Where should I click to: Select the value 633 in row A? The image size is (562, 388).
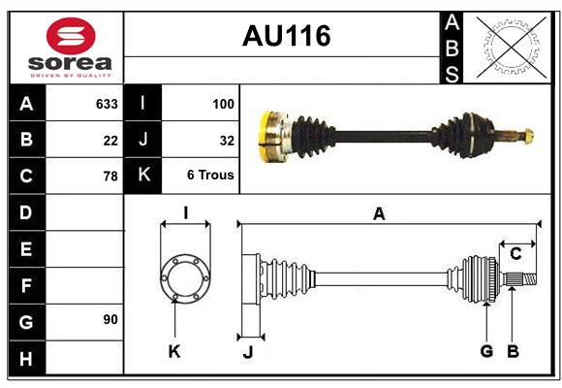click(106, 104)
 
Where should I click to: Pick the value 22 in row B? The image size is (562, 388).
click(110, 141)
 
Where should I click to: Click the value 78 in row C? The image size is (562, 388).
click(110, 177)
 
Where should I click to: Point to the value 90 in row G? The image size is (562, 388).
click(109, 319)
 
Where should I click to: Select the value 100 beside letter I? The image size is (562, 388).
click(222, 104)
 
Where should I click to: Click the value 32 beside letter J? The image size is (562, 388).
click(227, 141)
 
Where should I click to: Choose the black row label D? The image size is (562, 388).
click(26, 212)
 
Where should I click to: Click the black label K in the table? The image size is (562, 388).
click(143, 177)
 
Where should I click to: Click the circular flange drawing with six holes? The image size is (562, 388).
click(184, 277)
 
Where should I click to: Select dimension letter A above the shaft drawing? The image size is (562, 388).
click(379, 214)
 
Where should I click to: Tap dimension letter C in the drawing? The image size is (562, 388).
click(515, 254)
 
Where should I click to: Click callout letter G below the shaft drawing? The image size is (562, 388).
click(486, 351)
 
